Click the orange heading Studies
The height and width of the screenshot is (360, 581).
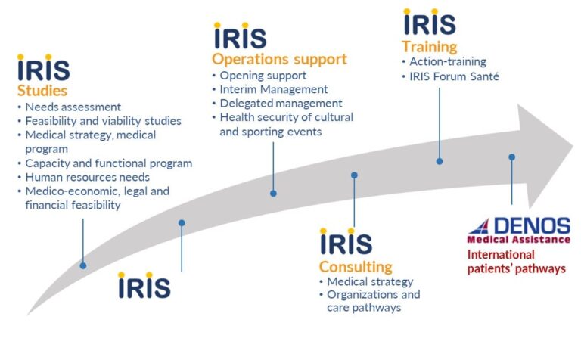pos(42,91)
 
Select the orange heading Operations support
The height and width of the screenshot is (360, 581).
pos(279,59)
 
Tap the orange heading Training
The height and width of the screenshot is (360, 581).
pos(430,47)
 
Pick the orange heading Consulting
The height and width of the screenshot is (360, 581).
pos(356,267)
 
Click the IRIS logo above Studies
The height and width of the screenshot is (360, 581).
pos(43,67)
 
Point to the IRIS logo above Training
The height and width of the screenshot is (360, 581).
pos(430,22)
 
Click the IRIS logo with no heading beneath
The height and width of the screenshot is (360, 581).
pos(144,285)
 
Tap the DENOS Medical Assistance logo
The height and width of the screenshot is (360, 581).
pos(518,231)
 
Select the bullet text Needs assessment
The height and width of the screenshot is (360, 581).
pos(73,107)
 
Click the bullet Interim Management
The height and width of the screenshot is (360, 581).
pos(274,89)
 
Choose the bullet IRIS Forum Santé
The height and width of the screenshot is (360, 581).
pos(454,76)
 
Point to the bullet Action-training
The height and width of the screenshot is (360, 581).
pos(448,61)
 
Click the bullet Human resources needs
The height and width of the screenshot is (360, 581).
pos(88,177)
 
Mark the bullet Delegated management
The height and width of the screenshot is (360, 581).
pos(281,104)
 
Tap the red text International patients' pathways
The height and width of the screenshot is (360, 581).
pos(517,262)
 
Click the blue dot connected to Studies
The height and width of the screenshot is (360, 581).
pos(83,265)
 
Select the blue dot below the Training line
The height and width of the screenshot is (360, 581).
pos(440,161)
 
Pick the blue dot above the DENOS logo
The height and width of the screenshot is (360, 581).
pos(511,157)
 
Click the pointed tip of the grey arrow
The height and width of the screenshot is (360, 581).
pos(573,145)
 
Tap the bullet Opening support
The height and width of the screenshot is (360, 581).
pos(263,76)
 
